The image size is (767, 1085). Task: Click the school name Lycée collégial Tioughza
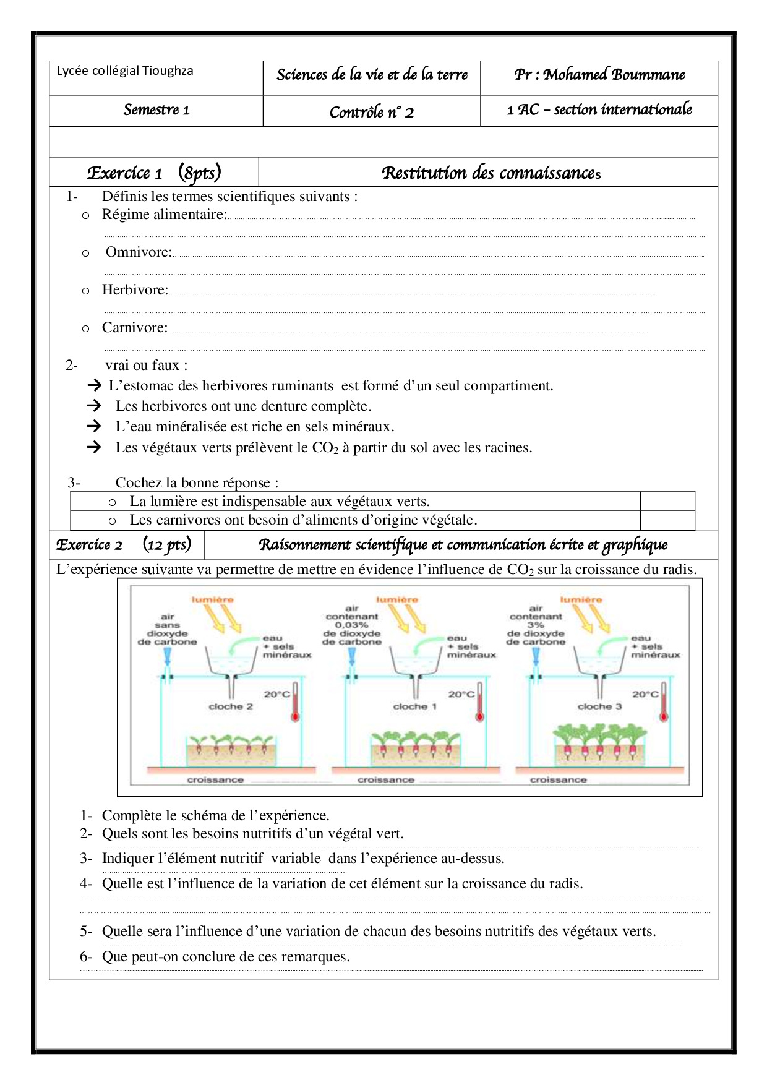pos(125,71)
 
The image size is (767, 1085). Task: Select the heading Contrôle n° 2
pos(371,112)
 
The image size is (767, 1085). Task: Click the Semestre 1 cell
pos(156,110)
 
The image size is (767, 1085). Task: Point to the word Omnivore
pos(138,252)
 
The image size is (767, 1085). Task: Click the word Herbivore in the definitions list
pos(134,289)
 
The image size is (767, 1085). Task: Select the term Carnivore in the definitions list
pos(134,327)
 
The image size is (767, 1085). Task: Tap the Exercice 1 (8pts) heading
pos(154,173)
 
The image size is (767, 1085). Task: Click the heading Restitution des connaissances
pos(491,173)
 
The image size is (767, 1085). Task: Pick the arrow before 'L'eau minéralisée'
pos(94,426)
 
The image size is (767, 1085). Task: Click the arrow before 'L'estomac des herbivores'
pos(94,385)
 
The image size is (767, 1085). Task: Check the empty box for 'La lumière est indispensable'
pos(667,501)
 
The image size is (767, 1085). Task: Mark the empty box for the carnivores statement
pos(667,520)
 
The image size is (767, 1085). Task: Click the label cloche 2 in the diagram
pos(231,706)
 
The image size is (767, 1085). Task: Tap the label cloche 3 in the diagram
pos(599,706)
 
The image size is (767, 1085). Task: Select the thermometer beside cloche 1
pos(479,702)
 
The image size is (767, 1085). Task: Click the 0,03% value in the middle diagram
pos(352,625)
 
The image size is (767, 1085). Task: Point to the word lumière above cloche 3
pos(581,599)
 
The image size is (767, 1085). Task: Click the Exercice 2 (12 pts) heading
pos(124,544)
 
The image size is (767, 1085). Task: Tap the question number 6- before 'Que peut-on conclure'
pos(85,956)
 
